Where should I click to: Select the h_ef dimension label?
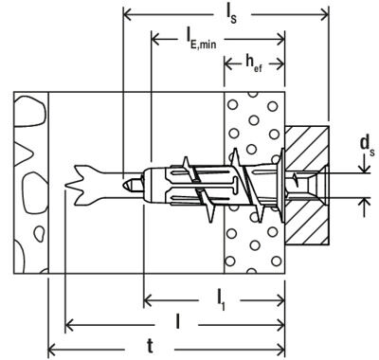pos(253,65)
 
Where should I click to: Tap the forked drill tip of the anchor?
pos(80,181)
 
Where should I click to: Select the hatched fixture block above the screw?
pos(305,146)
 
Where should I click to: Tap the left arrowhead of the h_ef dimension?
pos(227,65)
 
